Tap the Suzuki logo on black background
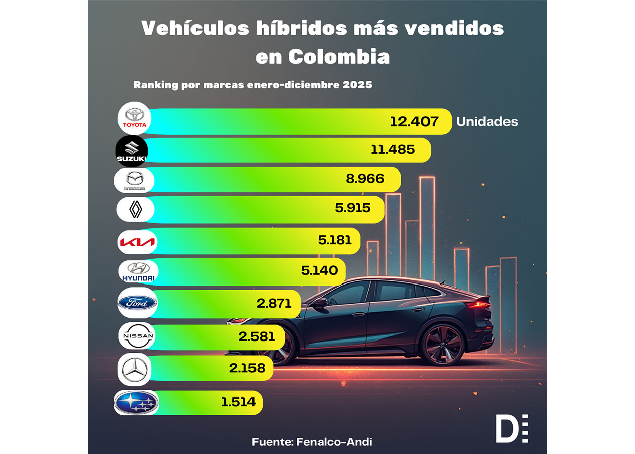point(132,151)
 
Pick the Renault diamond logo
point(135,209)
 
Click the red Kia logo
point(137,242)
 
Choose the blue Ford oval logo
point(137,303)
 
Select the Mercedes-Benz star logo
point(135,370)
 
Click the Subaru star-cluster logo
point(136,402)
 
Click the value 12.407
point(414,122)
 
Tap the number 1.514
point(238,402)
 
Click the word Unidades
point(487,122)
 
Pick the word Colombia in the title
point(339,56)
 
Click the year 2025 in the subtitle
point(357,85)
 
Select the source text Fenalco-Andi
point(334,442)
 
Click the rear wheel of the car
point(442,345)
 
